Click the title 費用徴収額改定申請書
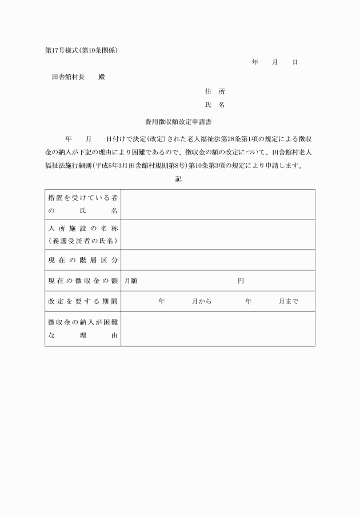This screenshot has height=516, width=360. pos(179,122)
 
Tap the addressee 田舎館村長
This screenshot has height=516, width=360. pos(69,77)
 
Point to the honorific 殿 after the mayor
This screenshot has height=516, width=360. pos(101,77)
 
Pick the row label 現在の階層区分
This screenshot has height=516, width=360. pos(83,260)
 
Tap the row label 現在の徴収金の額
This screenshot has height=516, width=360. pos(83,281)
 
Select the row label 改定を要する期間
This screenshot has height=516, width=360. pos(83,301)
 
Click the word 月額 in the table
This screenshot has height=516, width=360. pos(131,281)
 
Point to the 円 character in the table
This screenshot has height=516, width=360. pos(241,281)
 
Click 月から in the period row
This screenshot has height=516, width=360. pos(202,301)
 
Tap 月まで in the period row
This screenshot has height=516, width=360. pos(289,301)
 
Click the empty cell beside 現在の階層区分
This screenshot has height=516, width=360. pos(218,260)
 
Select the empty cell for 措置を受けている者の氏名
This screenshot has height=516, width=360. pos(218,204)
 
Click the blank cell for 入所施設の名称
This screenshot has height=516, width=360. pos(218,234)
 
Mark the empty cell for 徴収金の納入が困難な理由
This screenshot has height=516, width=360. pos(218,329)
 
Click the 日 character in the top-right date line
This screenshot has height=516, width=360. pos(295,62)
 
